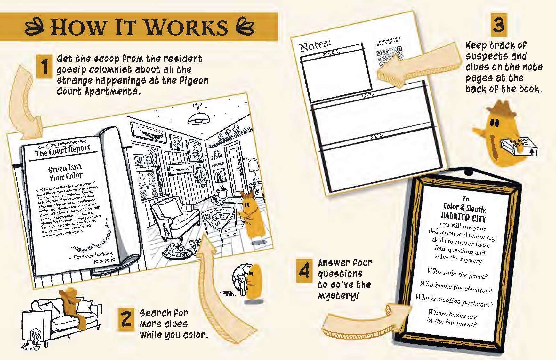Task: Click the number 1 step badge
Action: click(x=44, y=67)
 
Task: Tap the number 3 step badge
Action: click(x=499, y=25)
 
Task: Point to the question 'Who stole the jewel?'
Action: click(x=457, y=274)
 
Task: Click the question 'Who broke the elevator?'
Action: click(x=455, y=287)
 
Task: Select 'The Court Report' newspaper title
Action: click(x=63, y=150)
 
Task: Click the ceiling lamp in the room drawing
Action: click(x=199, y=116)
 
